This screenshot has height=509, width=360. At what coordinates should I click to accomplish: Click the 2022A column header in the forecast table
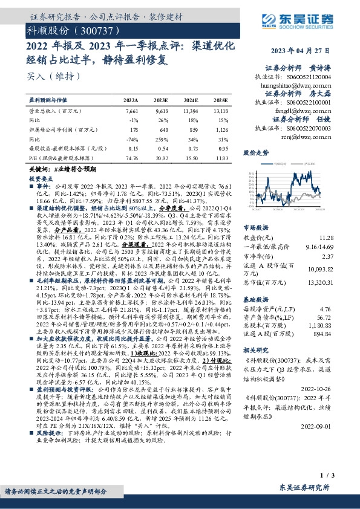(131, 100)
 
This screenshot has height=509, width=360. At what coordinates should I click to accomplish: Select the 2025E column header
(221, 100)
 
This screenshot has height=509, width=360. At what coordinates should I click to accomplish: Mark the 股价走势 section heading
(255, 153)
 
